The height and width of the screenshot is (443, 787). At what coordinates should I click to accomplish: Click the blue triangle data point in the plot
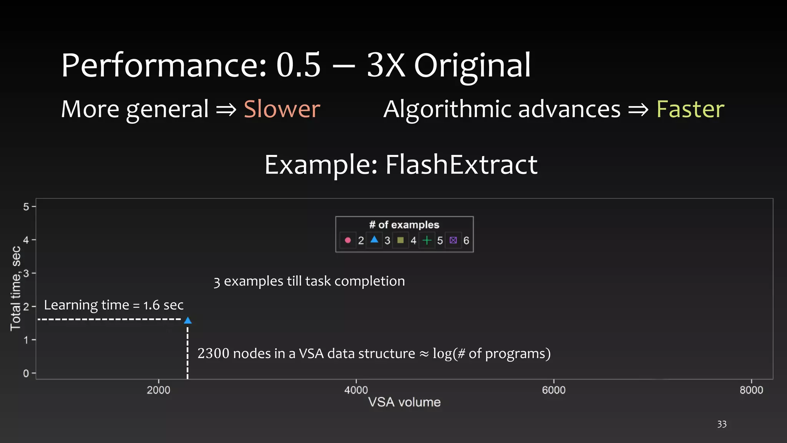pyautogui.click(x=188, y=320)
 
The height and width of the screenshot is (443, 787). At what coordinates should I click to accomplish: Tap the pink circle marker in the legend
pyautogui.click(x=348, y=240)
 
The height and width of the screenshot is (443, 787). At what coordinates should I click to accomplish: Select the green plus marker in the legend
pyautogui.click(x=427, y=240)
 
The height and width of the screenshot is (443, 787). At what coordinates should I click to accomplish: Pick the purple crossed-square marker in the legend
pyautogui.click(x=453, y=240)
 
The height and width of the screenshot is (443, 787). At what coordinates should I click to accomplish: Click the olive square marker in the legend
pyautogui.click(x=400, y=240)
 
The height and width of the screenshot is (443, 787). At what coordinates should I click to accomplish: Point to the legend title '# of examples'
pyautogui.click(x=404, y=225)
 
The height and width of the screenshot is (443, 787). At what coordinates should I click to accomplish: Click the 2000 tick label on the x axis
pyautogui.click(x=158, y=390)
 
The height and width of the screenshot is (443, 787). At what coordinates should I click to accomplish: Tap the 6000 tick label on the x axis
pyautogui.click(x=554, y=390)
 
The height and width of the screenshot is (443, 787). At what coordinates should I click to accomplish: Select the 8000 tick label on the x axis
pyautogui.click(x=751, y=390)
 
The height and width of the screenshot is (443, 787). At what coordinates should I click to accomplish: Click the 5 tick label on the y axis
pyautogui.click(x=26, y=207)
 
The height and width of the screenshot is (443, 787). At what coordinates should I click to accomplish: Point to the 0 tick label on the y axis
pyautogui.click(x=26, y=373)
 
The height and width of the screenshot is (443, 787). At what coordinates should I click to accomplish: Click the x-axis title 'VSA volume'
pyautogui.click(x=404, y=402)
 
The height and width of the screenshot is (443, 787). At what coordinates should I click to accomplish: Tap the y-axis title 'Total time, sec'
pyautogui.click(x=16, y=288)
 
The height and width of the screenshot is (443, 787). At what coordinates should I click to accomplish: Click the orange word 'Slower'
pyautogui.click(x=282, y=109)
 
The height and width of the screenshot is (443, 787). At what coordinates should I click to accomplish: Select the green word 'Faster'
pyautogui.click(x=690, y=109)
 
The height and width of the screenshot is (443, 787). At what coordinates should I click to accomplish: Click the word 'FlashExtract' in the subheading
pyautogui.click(x=461, y=165)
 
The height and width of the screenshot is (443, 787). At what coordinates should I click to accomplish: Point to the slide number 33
pyautogui.click(x=722, y=424)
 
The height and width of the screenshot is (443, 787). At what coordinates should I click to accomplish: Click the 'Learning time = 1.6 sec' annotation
pyautogui.click(x=114, y=305)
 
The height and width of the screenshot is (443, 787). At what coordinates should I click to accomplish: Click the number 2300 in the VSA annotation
pyautogui.click(x=213, y=353)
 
